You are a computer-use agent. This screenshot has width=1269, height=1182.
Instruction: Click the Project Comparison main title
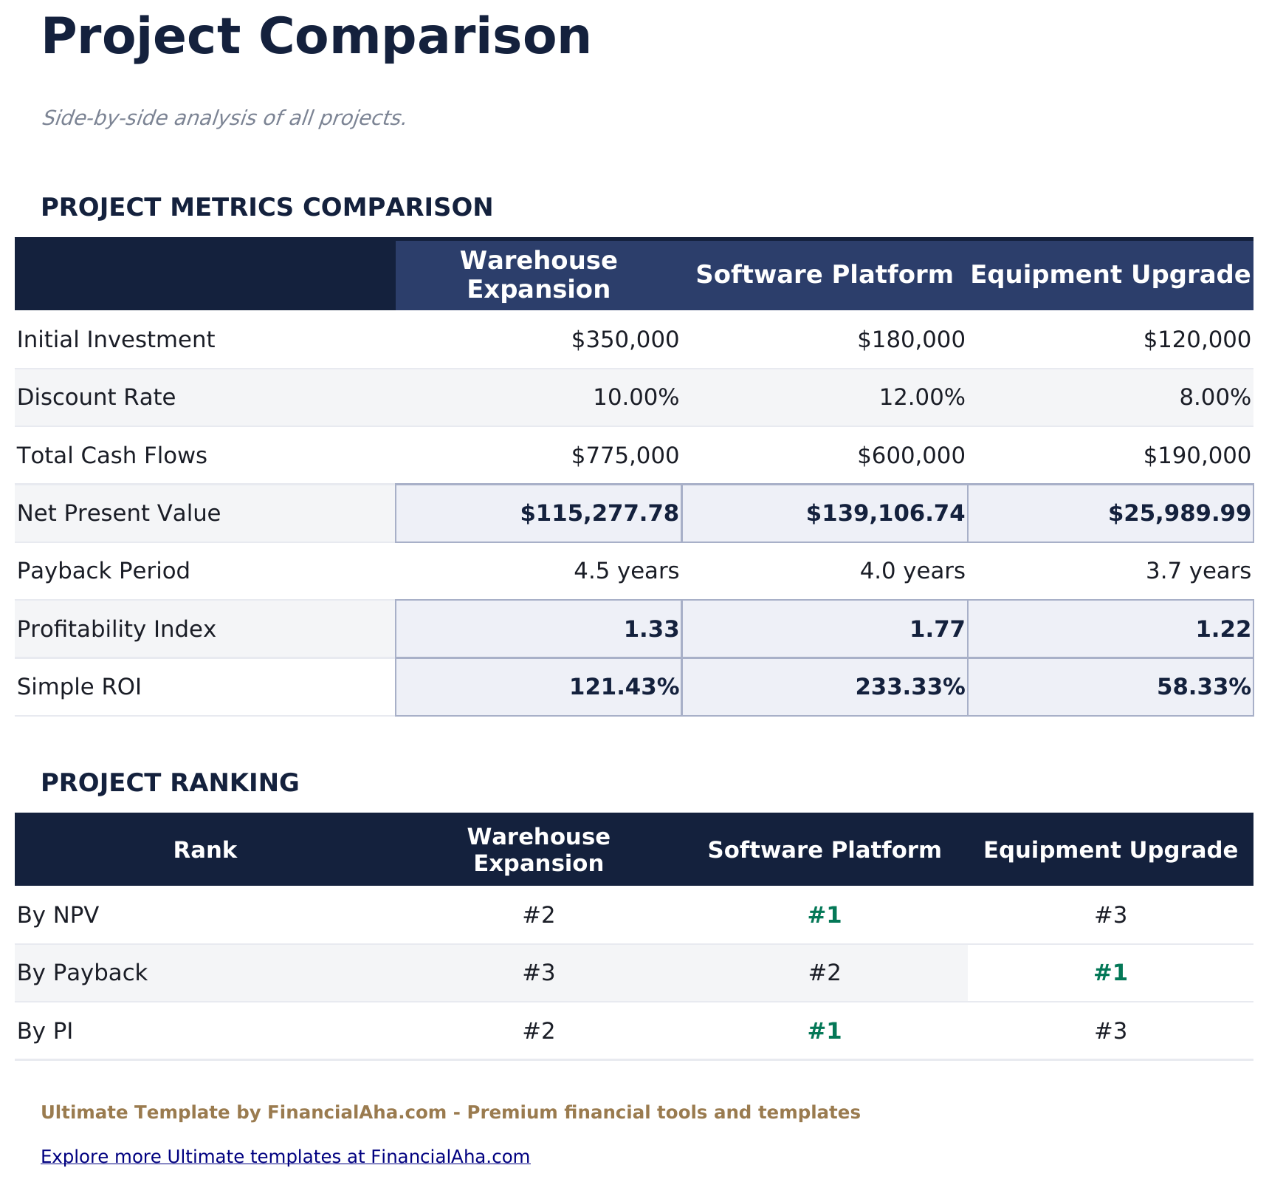coord(316,37)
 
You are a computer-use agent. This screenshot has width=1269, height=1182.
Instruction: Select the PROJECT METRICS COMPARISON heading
coord(266,208)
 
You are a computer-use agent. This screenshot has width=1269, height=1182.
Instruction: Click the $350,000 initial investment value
coord(625,340)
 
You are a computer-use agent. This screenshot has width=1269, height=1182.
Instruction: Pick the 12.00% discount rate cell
coord(921,397)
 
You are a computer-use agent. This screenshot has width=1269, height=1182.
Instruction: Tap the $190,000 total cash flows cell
coord(1197,456)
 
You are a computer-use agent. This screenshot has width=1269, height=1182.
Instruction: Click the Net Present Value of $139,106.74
coord(884,513)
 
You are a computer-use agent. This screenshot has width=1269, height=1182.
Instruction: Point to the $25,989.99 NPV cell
coord(1179,513)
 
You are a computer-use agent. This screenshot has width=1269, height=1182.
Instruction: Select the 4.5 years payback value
coord(626,571)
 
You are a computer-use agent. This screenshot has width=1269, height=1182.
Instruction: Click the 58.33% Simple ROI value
coord(1203,688)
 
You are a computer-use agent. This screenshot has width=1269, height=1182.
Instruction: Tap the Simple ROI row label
coord(79,688)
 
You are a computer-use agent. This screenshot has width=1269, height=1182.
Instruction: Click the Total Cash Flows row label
coord(111,456)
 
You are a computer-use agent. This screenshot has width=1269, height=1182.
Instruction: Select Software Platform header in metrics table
coord(824,275)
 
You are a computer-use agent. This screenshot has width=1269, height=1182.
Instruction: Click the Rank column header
coord(204,850)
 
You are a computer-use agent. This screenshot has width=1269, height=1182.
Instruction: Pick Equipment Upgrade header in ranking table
coord(1110,850)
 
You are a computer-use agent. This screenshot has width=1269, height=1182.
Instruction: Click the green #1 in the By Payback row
coord(1110,973)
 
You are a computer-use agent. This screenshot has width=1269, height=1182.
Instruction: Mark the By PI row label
coord(45,1031)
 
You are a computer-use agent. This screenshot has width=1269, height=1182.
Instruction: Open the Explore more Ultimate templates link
coord(285,1157)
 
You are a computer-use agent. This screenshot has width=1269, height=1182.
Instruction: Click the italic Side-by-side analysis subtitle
coord(224,118)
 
